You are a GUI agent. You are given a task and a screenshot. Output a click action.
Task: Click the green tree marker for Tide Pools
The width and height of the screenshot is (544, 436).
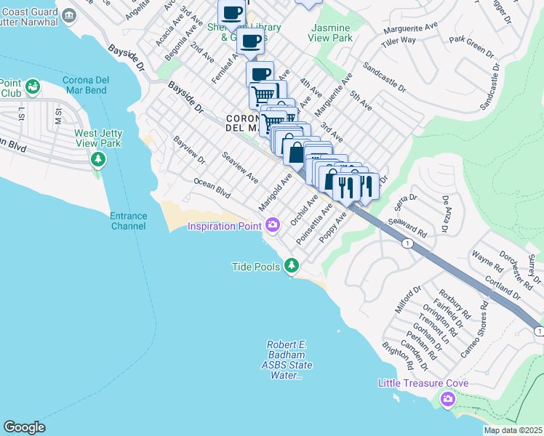point(292,266)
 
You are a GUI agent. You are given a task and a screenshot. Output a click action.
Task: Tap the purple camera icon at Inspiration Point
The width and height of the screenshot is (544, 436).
point(273,225)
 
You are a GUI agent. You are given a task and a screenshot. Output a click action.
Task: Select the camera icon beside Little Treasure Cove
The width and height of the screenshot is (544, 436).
point(447,398)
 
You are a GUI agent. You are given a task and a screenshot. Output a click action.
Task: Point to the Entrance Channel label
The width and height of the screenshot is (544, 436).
point(128,222)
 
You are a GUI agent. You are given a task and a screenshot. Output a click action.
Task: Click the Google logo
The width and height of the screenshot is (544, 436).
point(24,427)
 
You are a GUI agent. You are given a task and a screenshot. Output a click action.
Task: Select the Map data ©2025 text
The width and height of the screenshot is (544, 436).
point(513,430)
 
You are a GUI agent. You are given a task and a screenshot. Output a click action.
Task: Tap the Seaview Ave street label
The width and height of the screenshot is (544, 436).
point(240,167)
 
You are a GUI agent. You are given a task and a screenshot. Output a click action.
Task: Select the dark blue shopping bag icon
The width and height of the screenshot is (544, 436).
point(296,153)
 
